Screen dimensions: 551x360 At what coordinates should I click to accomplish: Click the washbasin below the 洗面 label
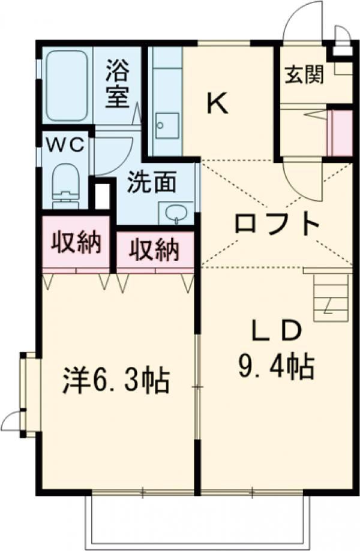click(x=175, y=212)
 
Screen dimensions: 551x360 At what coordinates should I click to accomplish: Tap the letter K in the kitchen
click(x=217, y=104)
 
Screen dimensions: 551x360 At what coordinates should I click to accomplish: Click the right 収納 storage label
click(x=155, y=249)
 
